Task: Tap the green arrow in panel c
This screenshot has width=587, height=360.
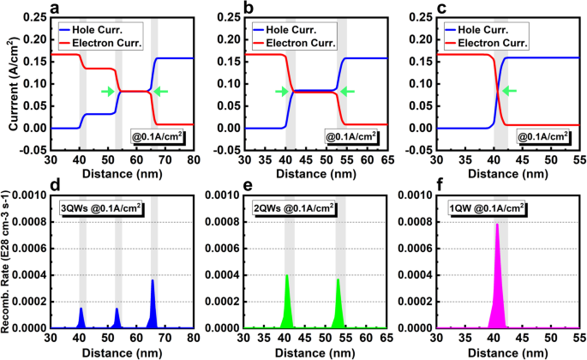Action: [x=508, y=92]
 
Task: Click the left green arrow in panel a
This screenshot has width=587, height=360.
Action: [x=107, y=92]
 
